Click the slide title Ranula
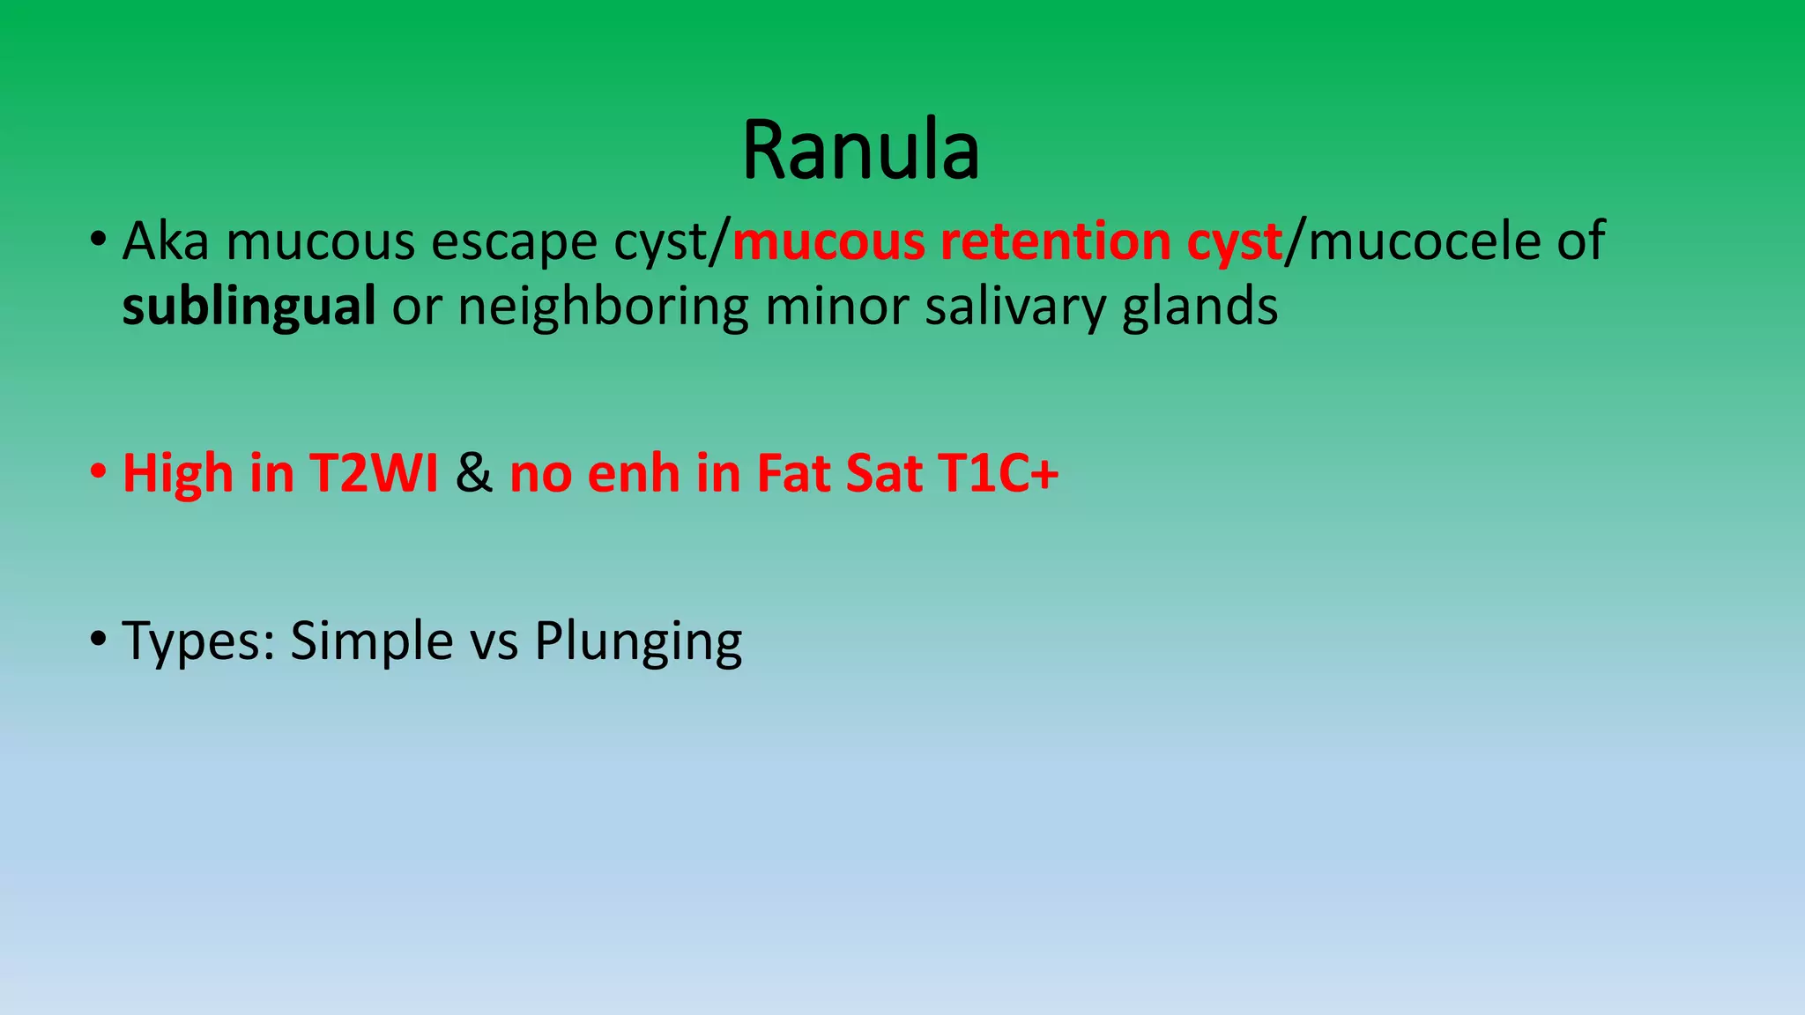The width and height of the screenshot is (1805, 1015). pyautogui.click(x=860, y=151)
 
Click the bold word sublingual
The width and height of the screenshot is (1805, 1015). pyautogui.click(x=249, y=307)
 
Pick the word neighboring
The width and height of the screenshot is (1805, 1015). pyautogui.click(x=603, y=307)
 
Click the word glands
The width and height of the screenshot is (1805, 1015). pyautogui.click(x=1200, y=307)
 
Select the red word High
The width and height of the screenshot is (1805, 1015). pyautogui.click(x=177, y=473)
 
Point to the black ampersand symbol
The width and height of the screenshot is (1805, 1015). pyautogui.click(x=474, y=473)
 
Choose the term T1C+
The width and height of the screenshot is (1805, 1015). pyautogui.click(x=998, y=473)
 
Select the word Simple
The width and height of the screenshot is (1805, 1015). pyautogui.click(x=372, y=641)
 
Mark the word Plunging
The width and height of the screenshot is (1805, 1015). pyautogui.click(x=638, y=641)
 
